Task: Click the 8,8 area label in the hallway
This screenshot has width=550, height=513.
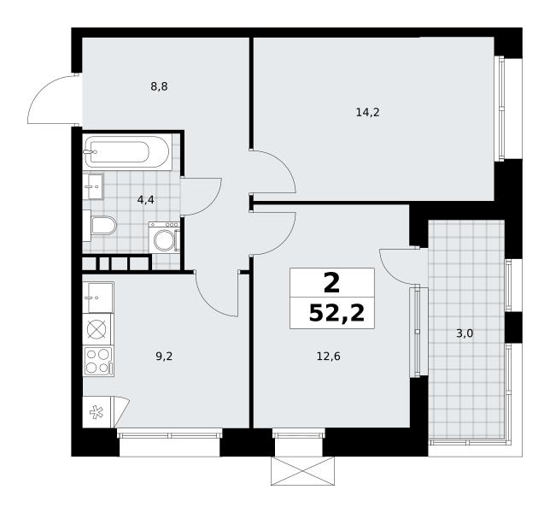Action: (x=159, y=86)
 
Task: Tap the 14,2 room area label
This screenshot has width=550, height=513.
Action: (x=367, y=112)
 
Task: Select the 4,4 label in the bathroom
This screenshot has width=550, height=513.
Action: (x=145, y=200)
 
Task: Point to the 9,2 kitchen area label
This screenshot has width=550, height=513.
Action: (x=164, y=357)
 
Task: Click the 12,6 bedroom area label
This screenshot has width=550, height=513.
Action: (x=329, y=357)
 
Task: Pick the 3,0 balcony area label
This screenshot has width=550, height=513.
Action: (x=465, y=333)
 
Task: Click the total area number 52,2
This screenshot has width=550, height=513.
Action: (x=336, y=313)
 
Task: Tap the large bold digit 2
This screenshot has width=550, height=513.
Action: (x=332, y=283)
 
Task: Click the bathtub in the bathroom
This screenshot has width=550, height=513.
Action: (x=127, y=151)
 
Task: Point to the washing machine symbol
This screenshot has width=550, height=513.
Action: (x=164, y=237)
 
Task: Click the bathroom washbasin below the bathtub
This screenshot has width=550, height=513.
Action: (x=93, y=186)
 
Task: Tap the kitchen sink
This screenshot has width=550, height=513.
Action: (x=98, y=298)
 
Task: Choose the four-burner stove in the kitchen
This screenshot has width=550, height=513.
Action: (x=98, y=361)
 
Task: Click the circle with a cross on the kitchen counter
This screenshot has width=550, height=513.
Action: (x=97, y=329)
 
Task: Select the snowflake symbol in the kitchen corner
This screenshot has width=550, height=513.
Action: (x=97, y=412)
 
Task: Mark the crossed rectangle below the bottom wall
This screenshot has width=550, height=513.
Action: (x=302, y=471)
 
